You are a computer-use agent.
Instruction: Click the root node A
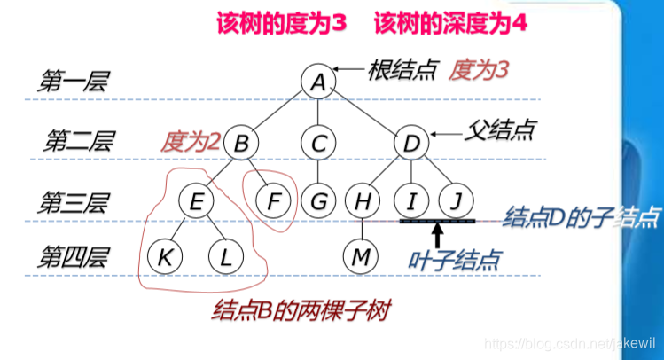(317, 82)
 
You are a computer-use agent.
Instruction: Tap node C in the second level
(317, 142)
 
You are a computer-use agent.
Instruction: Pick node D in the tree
(410, 142)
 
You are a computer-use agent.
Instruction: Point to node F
(272, 201)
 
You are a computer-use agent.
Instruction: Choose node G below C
(317, 201)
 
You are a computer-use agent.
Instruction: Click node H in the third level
(362, 201)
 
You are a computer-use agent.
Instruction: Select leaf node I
(410, 201)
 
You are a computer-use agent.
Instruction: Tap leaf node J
(455, 201)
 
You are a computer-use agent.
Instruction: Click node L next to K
(225, 257)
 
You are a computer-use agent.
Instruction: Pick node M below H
(361, 257)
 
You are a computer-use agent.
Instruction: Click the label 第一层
(72, 83)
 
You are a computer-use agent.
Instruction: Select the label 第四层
(72, 258)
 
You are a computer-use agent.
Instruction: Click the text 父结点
(501, 130)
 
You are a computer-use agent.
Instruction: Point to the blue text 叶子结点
(454, 260)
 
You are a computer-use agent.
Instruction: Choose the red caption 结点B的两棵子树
(302, 310)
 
